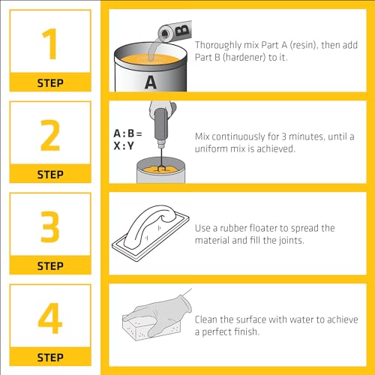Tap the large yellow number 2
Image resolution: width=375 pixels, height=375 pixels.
[x=50, y=135]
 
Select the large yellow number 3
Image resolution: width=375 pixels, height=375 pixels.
[x=50, y=226]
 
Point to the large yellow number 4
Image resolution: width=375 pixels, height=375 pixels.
[x=50, y=318]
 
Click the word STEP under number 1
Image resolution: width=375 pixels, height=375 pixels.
[x=50, y=83]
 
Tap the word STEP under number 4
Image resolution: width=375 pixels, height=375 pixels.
[x=50, y=358]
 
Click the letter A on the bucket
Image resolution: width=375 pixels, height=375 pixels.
[x=151, y=82]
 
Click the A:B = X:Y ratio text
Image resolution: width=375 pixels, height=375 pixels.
[x=127, y=139]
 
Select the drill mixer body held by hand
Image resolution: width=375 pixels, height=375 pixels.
[x=161, y=126]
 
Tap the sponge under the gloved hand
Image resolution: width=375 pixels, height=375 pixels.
[x=140, y=328]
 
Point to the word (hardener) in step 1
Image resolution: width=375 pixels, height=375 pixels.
[x=244, y=57]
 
